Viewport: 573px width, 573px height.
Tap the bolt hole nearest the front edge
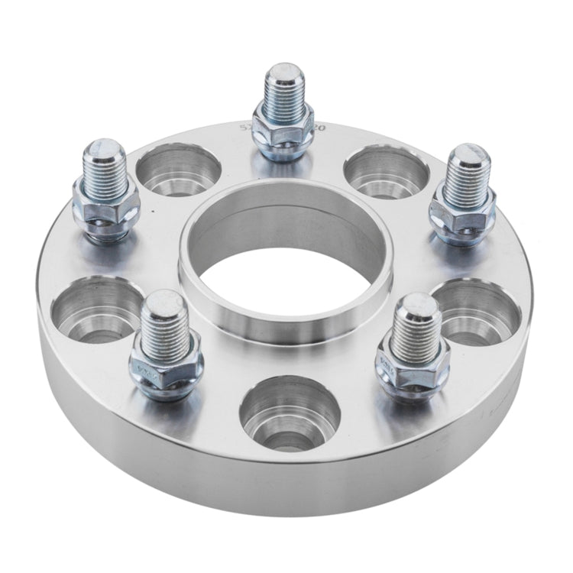click(x=290, y=413)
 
